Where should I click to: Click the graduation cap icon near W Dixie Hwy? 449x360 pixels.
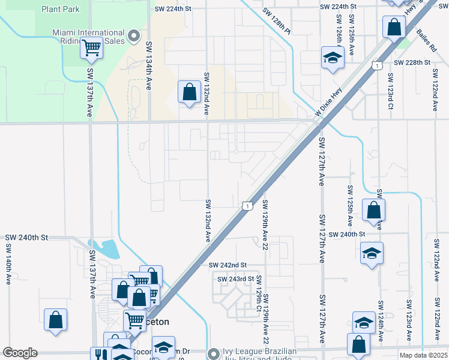[331, 58]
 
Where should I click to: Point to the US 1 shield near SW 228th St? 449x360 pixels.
[377, 64]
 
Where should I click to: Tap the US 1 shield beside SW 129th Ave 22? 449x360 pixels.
[247, 206]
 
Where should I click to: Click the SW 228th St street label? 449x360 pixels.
[412, 62]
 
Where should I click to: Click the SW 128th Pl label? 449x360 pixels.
[276, 11]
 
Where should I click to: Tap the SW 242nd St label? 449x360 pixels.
[228, 265]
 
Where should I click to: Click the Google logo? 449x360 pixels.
[20, 353]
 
